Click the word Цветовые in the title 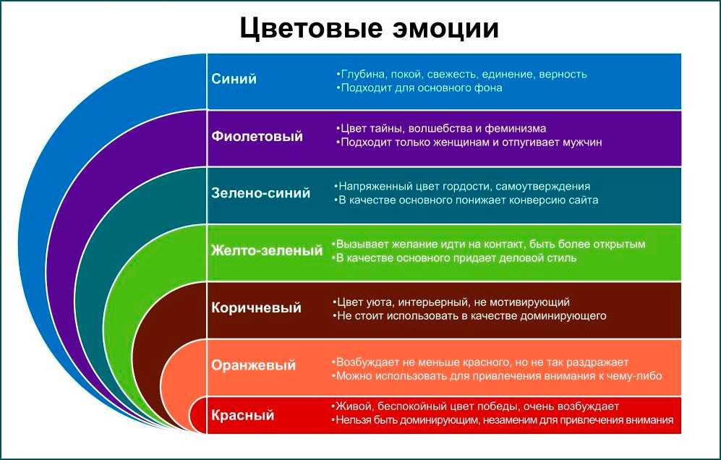point(311,28)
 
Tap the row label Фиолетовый point(257,137)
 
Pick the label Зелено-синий point(261,193)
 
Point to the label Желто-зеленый point(267,251)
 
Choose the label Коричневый point(256,307)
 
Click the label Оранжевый point(253,365)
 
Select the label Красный point(243,415)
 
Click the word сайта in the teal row point(583,200)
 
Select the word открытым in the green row point(619,244)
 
